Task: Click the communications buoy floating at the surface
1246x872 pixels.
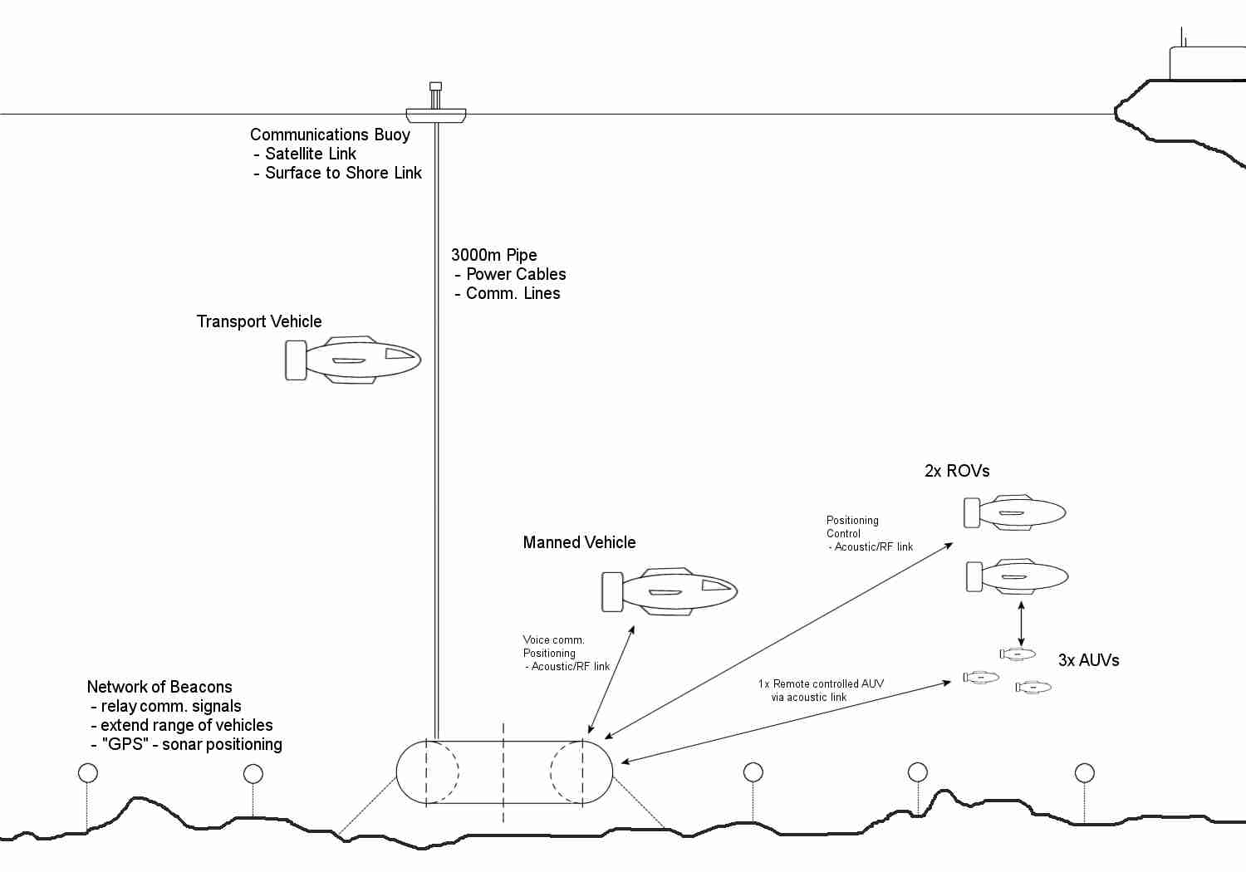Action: tap(435, 114)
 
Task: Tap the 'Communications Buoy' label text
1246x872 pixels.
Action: tap(330, 135)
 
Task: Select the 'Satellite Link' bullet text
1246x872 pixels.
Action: tap(310, 154)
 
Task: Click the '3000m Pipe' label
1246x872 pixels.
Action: tap(493, 255)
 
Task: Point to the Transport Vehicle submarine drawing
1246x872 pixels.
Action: tap(354, 360)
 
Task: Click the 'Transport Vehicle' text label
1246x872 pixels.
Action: tap(258, 321)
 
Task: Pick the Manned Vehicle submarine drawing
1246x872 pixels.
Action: tap(670, 591)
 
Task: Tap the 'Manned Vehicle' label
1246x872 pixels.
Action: tap(579, 542)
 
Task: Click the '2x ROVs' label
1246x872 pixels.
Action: tap(957, 471)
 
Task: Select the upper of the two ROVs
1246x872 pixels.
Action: tap(1015, 512)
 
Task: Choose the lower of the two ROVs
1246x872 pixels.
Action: tap(1018, 576)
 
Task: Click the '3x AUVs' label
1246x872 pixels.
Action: tap(1088, 660)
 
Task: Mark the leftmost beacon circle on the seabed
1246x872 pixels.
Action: tap(87, 773)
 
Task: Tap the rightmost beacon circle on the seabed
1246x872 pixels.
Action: tap(1084, 773)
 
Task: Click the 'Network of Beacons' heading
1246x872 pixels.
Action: tap(159, 687)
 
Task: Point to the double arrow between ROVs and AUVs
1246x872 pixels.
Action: tap(1021, 623)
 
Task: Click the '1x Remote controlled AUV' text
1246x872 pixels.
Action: tap(821, 683)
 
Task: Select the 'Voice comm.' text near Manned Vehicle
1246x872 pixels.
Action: tap(553, 639)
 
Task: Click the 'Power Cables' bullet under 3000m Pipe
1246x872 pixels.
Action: tap(515, 274)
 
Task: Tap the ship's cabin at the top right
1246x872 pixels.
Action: tap(1207, 63)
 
